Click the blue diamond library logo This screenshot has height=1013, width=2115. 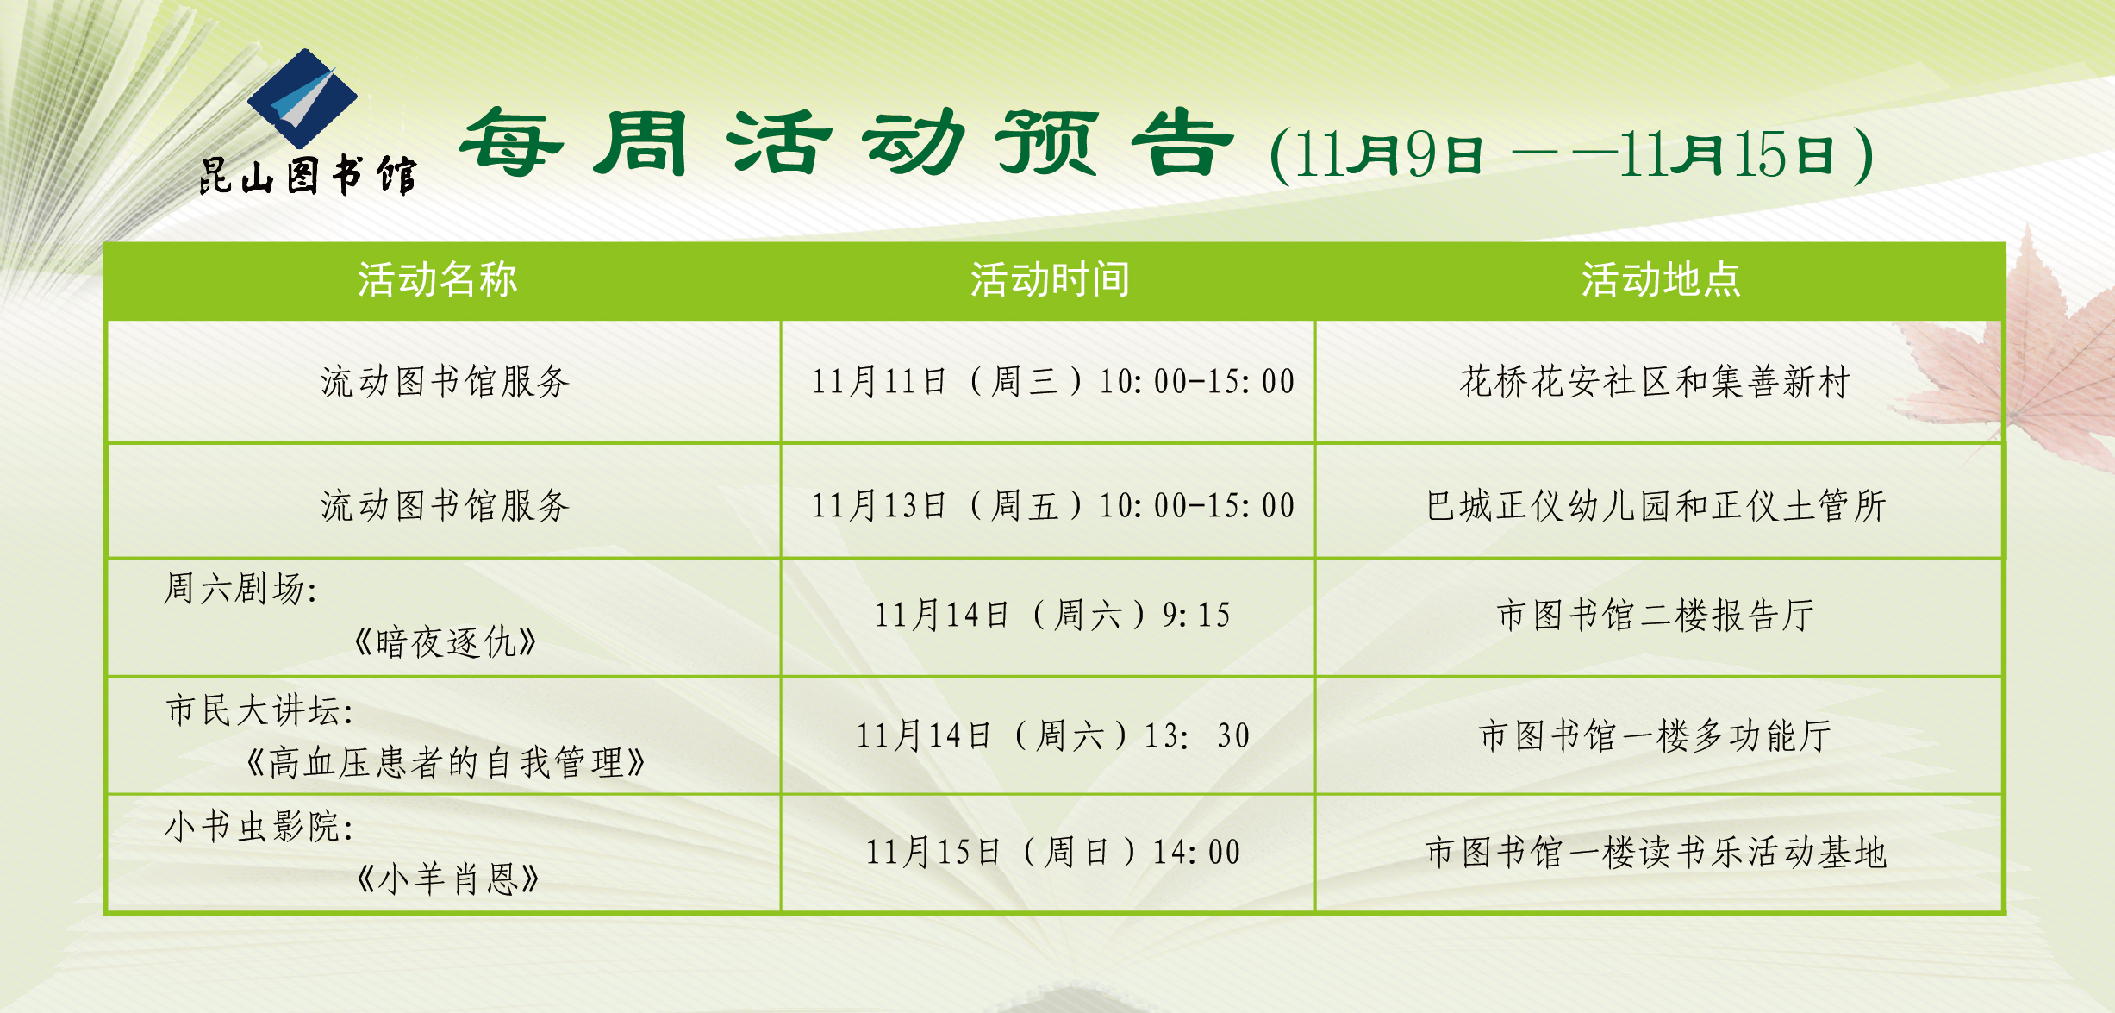click(x=303, y=97)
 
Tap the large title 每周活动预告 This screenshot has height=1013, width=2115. click(x=848, y=143)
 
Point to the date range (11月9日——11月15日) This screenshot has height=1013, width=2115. click(x=1571, y=154)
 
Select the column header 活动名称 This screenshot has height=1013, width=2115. click(x=438, y=279)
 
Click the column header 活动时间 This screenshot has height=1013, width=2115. click(x=1050, y=279)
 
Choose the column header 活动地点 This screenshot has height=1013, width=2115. click(x=1661, y=279)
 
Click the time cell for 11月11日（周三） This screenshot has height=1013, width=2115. click(x=1052, y=381)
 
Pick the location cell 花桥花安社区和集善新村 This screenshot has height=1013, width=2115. click(x=1655, y=381)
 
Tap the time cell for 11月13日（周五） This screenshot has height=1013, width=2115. click(x=1052, y=505)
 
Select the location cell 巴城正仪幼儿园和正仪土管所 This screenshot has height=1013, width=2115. click(x=1656, y=505)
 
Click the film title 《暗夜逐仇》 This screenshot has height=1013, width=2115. click(x=446, y=642)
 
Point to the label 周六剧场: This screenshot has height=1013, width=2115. click(x=240, y=589)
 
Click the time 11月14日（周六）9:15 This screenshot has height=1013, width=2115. click(x=1052, y=615)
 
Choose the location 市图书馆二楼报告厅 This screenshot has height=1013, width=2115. click(x=1656, y=615)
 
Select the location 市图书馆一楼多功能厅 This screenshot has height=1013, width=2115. click(x=1655, y=735)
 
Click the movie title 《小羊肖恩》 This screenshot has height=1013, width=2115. click(x=446, y=879)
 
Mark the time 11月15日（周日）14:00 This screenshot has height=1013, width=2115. click(x=1052, y=852)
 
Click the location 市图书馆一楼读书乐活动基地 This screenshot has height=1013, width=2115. click(x=1656, y=852)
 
